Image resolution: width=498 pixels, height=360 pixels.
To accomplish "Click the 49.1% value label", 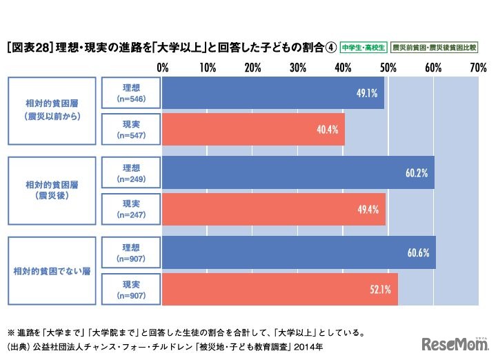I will coord(366,93).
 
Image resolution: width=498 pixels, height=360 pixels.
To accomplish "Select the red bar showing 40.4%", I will coord(253,129).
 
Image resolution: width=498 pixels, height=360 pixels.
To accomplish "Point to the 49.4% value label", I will coord(368,209).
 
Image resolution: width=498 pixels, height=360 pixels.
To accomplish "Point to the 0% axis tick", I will coord(163,68).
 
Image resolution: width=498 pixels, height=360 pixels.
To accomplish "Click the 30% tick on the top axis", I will coord(298,68).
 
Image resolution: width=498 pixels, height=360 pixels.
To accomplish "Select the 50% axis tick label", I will coord(388,68).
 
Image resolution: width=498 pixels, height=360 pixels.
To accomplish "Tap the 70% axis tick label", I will coord(478,68).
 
